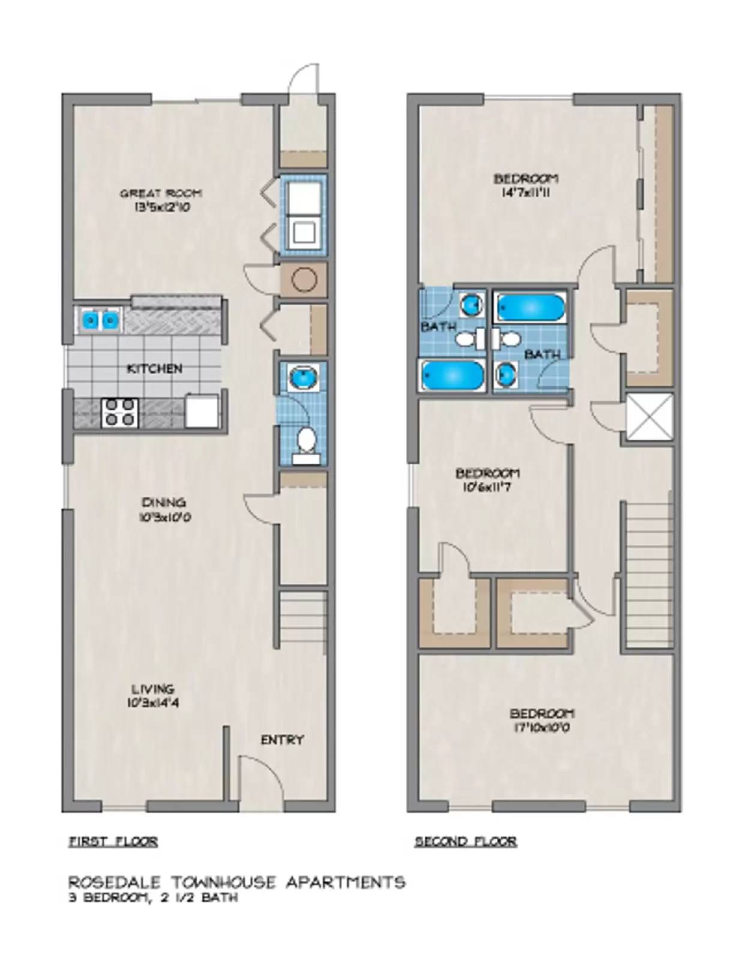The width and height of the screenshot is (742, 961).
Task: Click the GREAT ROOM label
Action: tap(160, 193)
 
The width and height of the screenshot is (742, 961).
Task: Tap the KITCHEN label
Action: tap(154, 368)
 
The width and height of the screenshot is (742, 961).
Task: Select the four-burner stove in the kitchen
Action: tap(120, 413)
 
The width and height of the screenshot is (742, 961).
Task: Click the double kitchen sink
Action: tap(100, 320)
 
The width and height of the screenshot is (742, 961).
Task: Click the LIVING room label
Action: tap(153, 689)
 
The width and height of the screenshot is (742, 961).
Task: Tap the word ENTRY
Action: tap(282, 739)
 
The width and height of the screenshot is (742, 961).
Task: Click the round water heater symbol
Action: tap(304, 279)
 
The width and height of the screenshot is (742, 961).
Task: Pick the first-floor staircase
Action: tap(303, 619)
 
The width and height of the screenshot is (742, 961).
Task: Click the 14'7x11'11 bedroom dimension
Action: tap(526, 193)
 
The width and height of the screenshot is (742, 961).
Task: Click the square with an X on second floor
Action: tap(650, 417)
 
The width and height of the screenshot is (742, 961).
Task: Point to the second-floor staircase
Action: tap(650, 574)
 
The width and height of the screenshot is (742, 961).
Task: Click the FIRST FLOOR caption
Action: tap(113, 841)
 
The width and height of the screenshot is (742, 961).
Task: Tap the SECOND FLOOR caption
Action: tap(465, 841)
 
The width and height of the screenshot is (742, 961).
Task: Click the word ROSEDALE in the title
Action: tap(113, 882)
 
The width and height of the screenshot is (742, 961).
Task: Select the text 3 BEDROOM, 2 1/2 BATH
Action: tap(153, 898)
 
